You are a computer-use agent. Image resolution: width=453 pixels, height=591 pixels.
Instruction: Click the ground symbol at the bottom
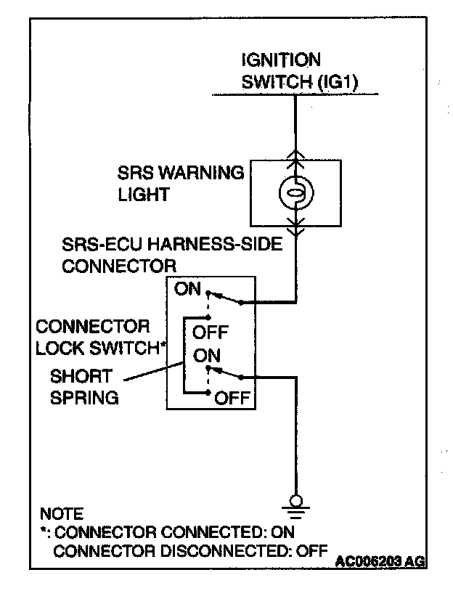[x=296, y=506]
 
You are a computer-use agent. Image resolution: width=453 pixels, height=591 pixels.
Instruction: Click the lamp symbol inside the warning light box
[x=296, y=193]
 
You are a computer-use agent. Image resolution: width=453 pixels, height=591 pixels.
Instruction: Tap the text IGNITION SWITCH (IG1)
[x=300, y=71]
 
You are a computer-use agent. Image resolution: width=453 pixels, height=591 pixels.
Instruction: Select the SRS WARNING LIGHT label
[x=181, y=183]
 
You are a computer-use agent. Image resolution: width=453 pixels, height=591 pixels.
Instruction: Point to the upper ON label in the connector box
[x=187, y=289]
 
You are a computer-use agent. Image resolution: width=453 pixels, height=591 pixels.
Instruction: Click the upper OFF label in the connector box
[x=211, y=333]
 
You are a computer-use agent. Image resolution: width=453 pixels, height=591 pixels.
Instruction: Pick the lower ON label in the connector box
[x=206, y=356]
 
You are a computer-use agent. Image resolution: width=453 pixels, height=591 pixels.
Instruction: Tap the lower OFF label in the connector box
[x=232, y=398]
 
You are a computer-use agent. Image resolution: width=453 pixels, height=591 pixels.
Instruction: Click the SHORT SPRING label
[x=84, y=387]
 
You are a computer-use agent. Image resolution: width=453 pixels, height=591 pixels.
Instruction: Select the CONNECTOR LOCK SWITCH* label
[x=101, y=337]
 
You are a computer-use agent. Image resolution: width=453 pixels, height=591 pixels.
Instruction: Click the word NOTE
[x=62, y=514]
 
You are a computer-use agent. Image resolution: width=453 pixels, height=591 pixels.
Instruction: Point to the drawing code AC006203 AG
[x=380, y=561]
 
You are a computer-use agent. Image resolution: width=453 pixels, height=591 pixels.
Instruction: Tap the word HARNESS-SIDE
[x=215, y=244]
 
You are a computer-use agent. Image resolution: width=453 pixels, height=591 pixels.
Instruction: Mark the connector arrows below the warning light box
[x=296, y=226]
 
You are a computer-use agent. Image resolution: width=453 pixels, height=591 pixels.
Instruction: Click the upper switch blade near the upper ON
[x=225, y=298]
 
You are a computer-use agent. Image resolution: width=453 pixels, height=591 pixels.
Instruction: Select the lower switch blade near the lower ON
[x=225, y=372]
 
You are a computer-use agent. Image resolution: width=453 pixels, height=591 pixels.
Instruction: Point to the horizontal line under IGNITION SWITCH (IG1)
[x=295, y=94]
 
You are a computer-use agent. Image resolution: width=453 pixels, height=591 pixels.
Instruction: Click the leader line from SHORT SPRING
[x=154, y=371]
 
